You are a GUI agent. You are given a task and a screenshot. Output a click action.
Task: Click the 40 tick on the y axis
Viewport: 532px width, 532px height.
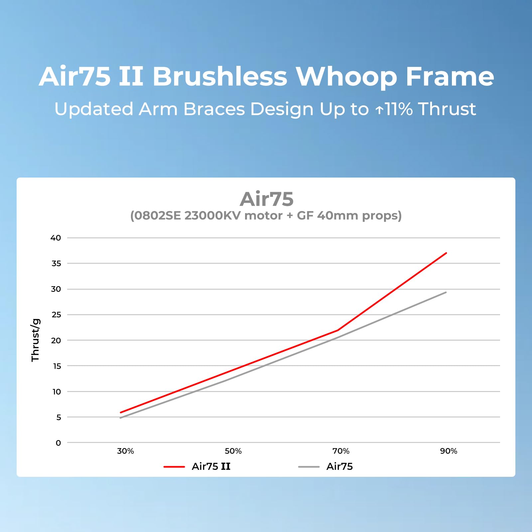coord(56,238)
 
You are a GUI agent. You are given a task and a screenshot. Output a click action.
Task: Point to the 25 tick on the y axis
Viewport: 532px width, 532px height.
coord(56,315)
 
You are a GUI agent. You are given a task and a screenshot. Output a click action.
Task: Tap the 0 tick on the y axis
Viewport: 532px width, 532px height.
coord(59,443)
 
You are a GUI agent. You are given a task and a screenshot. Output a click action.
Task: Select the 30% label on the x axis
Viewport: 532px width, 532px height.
coord(125,451)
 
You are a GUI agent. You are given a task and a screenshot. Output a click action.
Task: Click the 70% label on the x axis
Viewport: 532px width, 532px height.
coord(341,451)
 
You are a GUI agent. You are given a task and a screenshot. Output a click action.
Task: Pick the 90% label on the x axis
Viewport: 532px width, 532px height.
coord(449,451)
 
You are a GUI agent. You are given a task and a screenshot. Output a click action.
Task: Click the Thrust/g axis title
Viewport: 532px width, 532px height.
coord(36,340)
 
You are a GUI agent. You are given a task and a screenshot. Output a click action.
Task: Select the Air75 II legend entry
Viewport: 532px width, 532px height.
coord(211,466)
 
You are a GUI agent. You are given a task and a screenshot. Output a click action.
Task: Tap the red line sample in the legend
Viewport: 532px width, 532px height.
coord(174,467)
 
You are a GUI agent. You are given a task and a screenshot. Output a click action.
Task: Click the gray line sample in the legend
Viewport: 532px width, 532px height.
coord(309,467)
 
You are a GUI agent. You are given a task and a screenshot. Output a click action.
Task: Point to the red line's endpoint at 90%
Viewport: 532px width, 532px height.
coord(446,253)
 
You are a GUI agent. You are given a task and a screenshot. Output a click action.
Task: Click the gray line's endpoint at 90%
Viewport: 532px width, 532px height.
coord(446,292)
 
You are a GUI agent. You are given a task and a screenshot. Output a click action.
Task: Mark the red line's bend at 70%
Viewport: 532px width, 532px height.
coord(338,330)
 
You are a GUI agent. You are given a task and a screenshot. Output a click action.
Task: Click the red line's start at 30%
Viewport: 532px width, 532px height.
coord(120,412)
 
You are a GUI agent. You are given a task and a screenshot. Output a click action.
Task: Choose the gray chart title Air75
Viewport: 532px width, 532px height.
coord(267,199)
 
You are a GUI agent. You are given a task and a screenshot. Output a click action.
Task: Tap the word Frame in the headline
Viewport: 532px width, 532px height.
coord(450,76)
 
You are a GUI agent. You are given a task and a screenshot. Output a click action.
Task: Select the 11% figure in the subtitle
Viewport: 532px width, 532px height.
coord(399,109)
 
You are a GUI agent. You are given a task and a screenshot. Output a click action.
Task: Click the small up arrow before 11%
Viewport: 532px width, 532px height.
coord(379,110)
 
